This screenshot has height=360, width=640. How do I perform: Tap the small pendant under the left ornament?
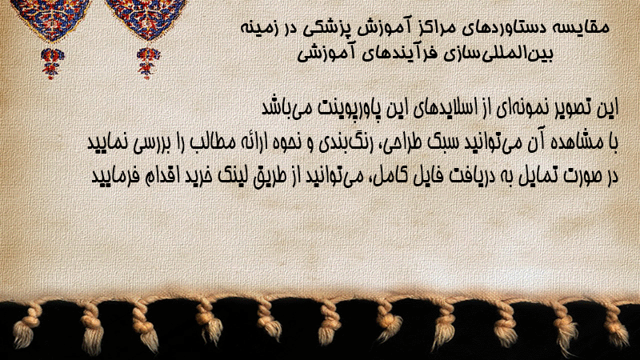click(51, 63)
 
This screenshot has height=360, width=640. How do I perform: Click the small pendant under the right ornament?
click(148, 63)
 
